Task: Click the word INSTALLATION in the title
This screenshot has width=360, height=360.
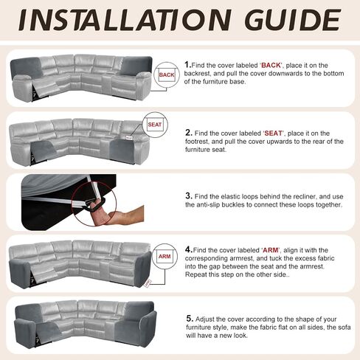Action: tap(125, 20)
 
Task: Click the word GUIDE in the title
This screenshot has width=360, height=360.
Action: tap(293, 20)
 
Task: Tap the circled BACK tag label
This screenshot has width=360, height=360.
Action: tap(167, 75)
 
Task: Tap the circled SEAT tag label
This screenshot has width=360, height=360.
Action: tap(155, 125)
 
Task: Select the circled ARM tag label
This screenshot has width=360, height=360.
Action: tap(165, 257)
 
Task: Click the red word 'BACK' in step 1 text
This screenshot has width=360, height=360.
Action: tap(271, 66)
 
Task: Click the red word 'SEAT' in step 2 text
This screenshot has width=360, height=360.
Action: tap(274, 134)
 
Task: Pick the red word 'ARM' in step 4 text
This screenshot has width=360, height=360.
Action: tap(271, 250)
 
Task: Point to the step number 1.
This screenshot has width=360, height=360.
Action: tap(187, 65)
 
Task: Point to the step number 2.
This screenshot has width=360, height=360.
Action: tap(188, 133)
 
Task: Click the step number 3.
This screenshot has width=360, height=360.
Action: tap(189, 196)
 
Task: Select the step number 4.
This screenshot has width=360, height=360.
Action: tap(188, 249)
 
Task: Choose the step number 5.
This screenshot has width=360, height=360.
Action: tap(190, 319)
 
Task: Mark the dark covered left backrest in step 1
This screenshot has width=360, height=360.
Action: tap(26, 67)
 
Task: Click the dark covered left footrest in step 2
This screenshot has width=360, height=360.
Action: tap(44, 150)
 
